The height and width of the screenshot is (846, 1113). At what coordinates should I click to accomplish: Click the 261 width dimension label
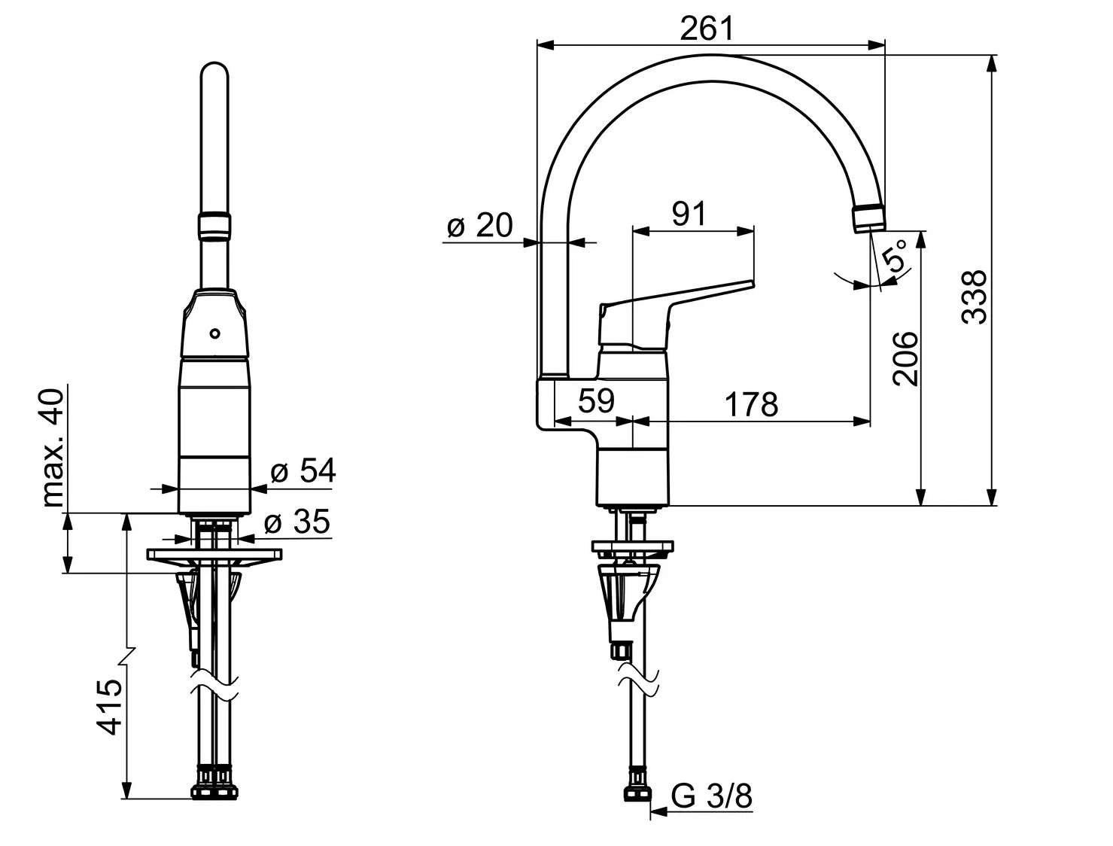pyautogui.click(x=707, y=29)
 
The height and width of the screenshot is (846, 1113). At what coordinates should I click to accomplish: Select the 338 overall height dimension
pyautogui.click(x=975, y=297)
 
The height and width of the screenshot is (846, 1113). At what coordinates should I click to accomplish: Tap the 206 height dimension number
pyautogui.click(x=905, y=359)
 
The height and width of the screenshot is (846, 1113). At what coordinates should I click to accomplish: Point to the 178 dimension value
pyautogui.click(x=752, y=404)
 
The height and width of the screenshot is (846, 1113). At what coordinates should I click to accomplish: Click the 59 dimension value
pyautogui.click(x=596, y=400)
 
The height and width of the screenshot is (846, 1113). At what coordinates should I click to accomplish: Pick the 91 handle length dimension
pyautogui.click(x=689, y=214)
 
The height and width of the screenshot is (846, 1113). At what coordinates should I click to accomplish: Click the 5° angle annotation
pyautogui.click(x=894, y=257)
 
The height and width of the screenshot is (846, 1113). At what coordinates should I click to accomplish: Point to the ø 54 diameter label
pyautogui.click(x=303, y=470)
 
